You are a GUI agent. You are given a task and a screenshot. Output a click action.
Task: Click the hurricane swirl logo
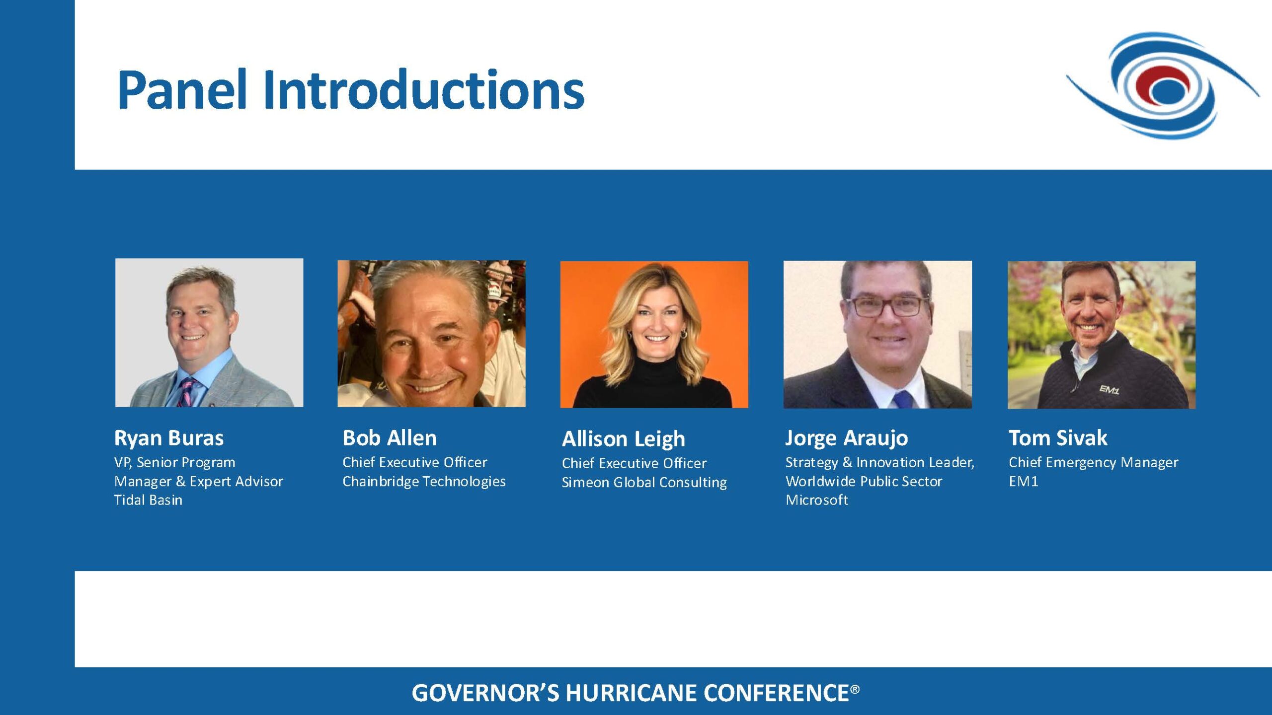pyautogui.click(x=1163, y=85)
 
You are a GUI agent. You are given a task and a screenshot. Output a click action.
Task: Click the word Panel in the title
pyautogui.click(x=182, y=90)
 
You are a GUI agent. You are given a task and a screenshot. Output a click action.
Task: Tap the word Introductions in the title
pyautogui.click(x=424, y=90)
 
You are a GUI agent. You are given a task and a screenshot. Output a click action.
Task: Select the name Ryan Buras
pyautogui.click(x=169, y=438)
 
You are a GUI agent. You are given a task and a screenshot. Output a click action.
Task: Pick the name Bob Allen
pyautogui.click(x=390, y=438)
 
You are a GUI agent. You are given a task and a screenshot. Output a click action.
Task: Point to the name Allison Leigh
pyautogui.click(x=624, y=439)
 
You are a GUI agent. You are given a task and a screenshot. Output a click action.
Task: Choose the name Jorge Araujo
pyautogui.click(x=847, y=438)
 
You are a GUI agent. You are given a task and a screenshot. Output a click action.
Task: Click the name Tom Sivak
pyautogui.click(x=1058, y=438)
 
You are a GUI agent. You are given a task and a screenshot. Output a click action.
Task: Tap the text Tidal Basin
pyautogui.click(x=148, y=500)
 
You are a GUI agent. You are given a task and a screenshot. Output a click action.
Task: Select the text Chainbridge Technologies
pyautogui.click(x=424, y=482)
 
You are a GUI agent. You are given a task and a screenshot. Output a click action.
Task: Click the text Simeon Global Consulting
pyautogui.click(x=644, y=483)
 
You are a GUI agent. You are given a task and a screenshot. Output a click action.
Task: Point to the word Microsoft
pyautogui.click(x=817, y=500)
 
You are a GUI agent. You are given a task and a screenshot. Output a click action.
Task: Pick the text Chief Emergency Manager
pyautogui.click(x=1093, y=463)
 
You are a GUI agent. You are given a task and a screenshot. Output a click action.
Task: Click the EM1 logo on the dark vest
pyautogui.click(x=1109, y=390)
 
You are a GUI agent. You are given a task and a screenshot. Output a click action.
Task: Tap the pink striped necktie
pyautogui.click(x=187, y=393)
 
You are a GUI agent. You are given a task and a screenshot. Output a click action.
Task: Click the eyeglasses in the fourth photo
pyautogui.click(x=888, y=306)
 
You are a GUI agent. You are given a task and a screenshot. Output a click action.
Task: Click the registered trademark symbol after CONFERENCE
pyautogui.click(x=855, y=689)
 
